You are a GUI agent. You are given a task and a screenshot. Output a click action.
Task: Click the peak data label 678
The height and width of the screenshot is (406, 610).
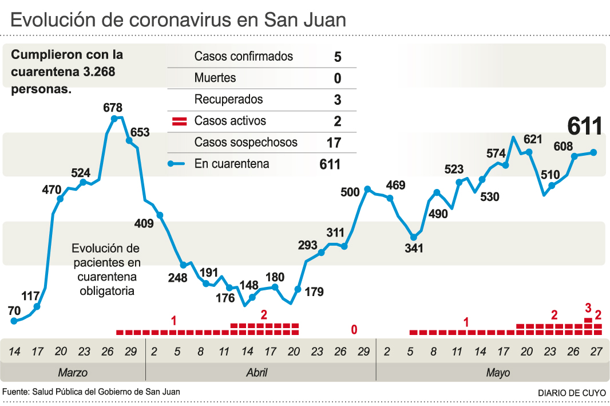(x=113, y=107)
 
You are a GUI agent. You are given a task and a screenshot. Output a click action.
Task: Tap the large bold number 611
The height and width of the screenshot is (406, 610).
(x=585, y=126)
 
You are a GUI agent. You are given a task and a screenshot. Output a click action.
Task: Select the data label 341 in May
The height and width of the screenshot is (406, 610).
(x=413, y=249)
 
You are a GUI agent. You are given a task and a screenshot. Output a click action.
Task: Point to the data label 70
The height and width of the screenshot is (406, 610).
(x=14, y=310)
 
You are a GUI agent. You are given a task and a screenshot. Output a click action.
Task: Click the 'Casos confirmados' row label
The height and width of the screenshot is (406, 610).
(x=243, y=56)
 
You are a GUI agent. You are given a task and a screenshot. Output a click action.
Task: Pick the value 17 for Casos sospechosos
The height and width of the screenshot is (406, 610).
(x=334, y=143)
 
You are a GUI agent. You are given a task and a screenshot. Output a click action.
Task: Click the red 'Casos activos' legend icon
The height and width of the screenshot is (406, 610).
(x=180, y=121)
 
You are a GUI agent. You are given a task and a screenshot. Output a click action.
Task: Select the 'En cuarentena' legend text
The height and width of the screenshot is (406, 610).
(x=231, y=164)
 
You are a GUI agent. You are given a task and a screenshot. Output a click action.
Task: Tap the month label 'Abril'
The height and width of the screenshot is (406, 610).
(x=256, y=373)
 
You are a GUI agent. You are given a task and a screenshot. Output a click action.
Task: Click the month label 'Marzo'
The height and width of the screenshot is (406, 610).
(x=73, y=373)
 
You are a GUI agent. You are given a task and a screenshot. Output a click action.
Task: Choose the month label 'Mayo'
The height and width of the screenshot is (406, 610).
(x=498, y=373)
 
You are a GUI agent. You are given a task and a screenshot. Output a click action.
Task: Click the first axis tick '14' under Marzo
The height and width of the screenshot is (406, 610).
(x=14, y=351)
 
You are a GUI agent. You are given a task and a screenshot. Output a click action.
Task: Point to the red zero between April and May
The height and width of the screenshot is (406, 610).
(x=354, y=329)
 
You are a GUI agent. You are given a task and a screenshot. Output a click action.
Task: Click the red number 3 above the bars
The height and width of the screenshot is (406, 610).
(x=588, y=308)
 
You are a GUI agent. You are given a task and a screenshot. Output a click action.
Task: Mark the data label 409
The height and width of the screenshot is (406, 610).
(x=143, y=223)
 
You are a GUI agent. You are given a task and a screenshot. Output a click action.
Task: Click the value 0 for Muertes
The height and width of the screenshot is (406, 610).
(x=338, y=78)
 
